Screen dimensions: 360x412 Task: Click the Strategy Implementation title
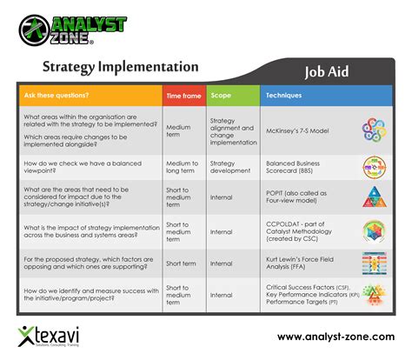120,67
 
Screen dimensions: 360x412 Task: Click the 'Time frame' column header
183,94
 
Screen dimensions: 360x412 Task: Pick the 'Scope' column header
221,94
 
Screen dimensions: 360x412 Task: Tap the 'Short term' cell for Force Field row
181,263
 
